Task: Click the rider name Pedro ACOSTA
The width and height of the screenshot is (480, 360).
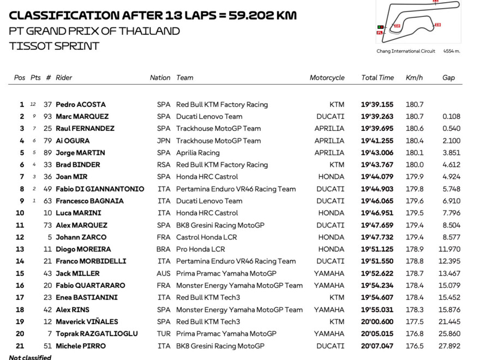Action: (80, 105)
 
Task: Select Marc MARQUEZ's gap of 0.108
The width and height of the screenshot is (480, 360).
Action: (451, 117)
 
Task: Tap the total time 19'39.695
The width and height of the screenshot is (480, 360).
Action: (377, 129)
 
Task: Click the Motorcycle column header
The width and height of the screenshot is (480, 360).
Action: (327, 78)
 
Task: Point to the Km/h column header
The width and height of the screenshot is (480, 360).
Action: (414, 78)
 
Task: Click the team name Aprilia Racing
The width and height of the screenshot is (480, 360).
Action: (197, 153)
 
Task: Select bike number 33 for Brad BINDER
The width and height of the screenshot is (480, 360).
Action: (48, 165)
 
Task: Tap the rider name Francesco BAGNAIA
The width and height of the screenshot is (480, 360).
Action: (89, 201)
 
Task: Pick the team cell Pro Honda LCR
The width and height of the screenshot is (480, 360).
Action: (200, 249)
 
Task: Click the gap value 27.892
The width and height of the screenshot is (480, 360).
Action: (451, 346)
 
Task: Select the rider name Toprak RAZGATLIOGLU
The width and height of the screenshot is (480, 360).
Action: (97, 334)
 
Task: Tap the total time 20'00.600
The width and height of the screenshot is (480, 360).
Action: (377, 322)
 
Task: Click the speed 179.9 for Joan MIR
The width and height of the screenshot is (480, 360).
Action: (415, 177)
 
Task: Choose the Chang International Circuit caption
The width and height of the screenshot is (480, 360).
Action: (406, 51)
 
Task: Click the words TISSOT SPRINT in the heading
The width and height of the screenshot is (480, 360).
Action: (54, 46)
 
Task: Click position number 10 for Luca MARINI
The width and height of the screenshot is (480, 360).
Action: (20, 213)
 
